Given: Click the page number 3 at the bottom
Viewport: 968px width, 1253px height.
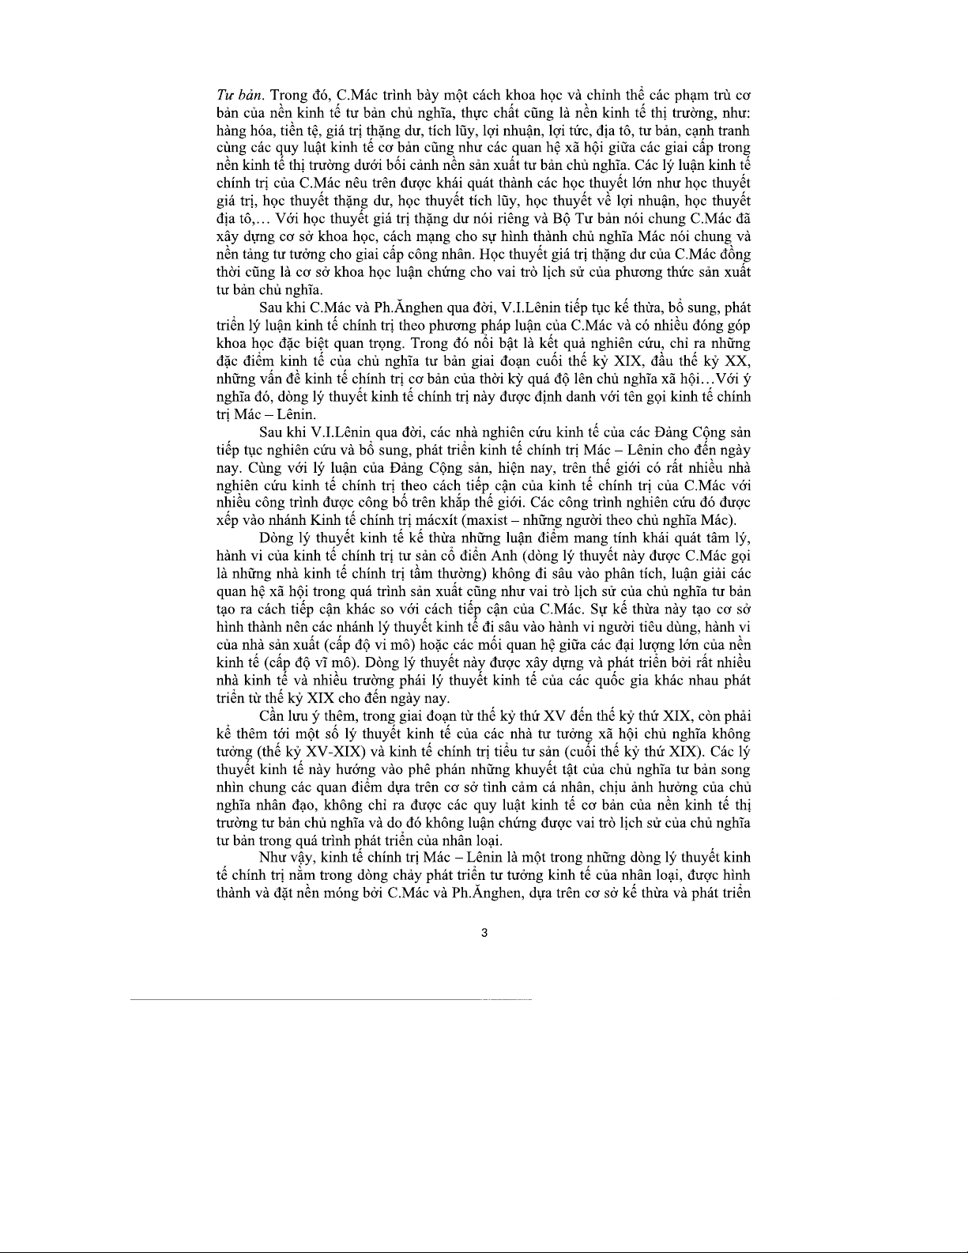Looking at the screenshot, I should [x=484, y=933].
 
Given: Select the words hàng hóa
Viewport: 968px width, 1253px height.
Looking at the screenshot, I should [x=241, y=131].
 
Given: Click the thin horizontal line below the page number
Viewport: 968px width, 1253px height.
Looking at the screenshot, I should [x=332, y=1001].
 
